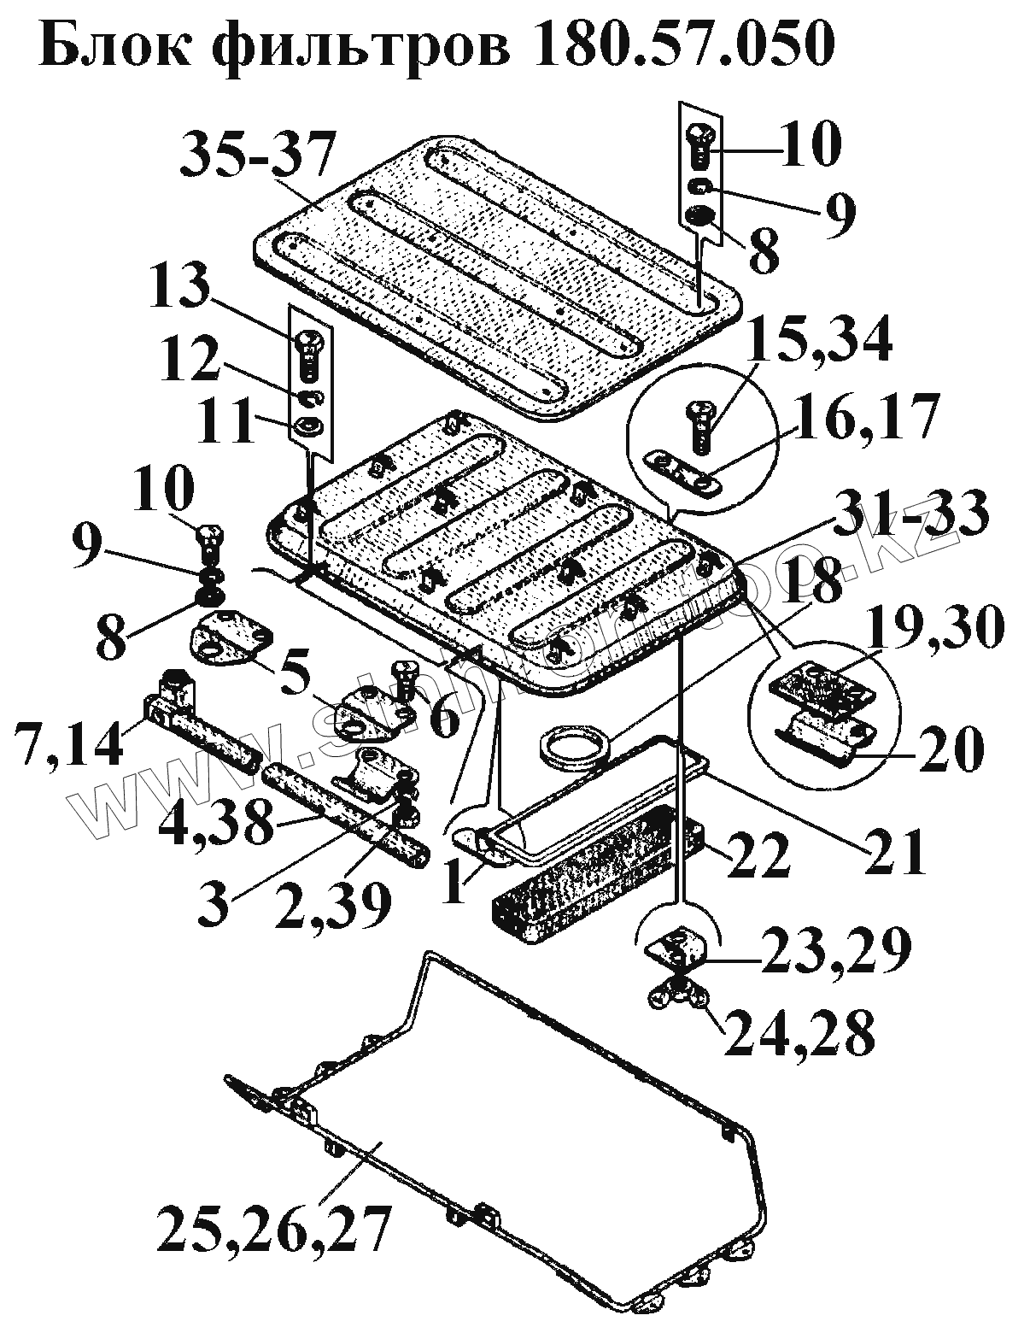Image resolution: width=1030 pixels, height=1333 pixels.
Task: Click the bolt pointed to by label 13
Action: pyautogui.click(x=308, y=354)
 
